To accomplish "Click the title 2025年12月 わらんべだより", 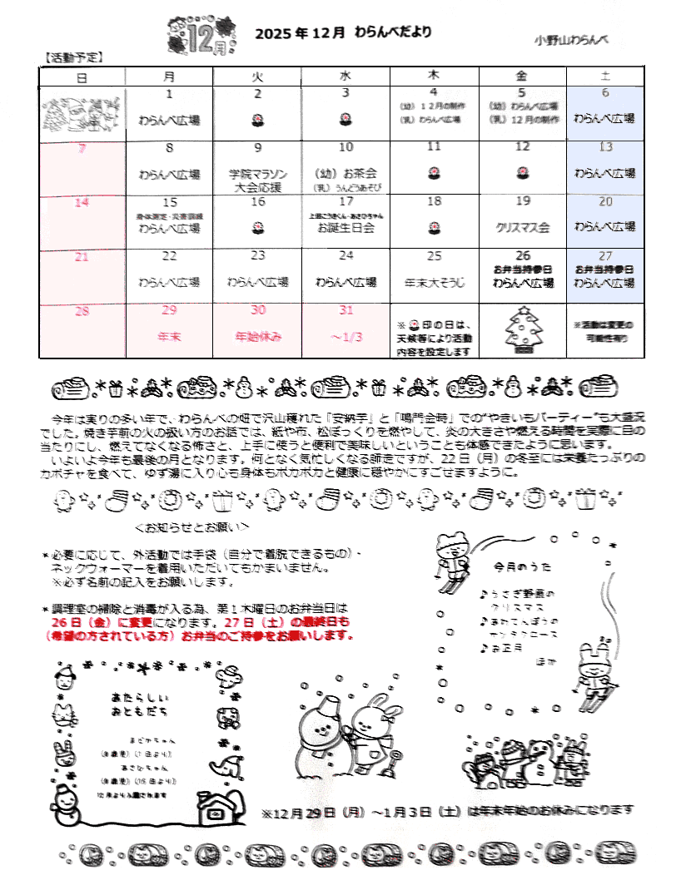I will (x=344, y=33).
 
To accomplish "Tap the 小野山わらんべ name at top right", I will (x=573, y=39).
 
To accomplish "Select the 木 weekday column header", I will (x=434, y=76).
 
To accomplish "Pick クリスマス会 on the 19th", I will (x=522, y=226).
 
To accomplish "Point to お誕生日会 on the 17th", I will (x=345, y=227).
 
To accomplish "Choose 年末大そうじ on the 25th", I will (x=434, y=282).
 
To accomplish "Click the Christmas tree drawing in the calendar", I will (x=523, y=331).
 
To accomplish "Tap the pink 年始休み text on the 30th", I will (x=258, y=337).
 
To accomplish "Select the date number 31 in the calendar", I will (x=345, y=309).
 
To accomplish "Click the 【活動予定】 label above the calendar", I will (x=72, y=58).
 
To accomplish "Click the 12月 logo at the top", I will (x=197, y=35).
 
